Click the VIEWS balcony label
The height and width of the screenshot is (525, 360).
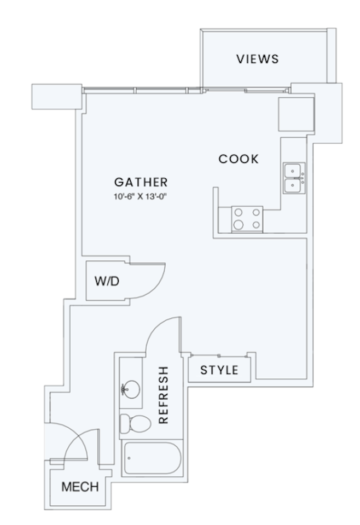point(257,59)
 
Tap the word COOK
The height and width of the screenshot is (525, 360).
point(238,159)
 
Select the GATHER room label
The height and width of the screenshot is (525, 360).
point(141,183)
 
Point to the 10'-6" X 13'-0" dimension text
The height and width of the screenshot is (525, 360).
point(140,196)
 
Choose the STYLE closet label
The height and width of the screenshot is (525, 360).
point(219,370)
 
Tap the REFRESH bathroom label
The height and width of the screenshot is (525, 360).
point(163,395)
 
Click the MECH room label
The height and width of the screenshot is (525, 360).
point(80,487)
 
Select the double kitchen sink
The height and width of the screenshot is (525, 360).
point(295,178)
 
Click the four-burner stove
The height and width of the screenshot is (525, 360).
point(247,218)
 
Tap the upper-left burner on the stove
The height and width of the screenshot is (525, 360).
point(239,213)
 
